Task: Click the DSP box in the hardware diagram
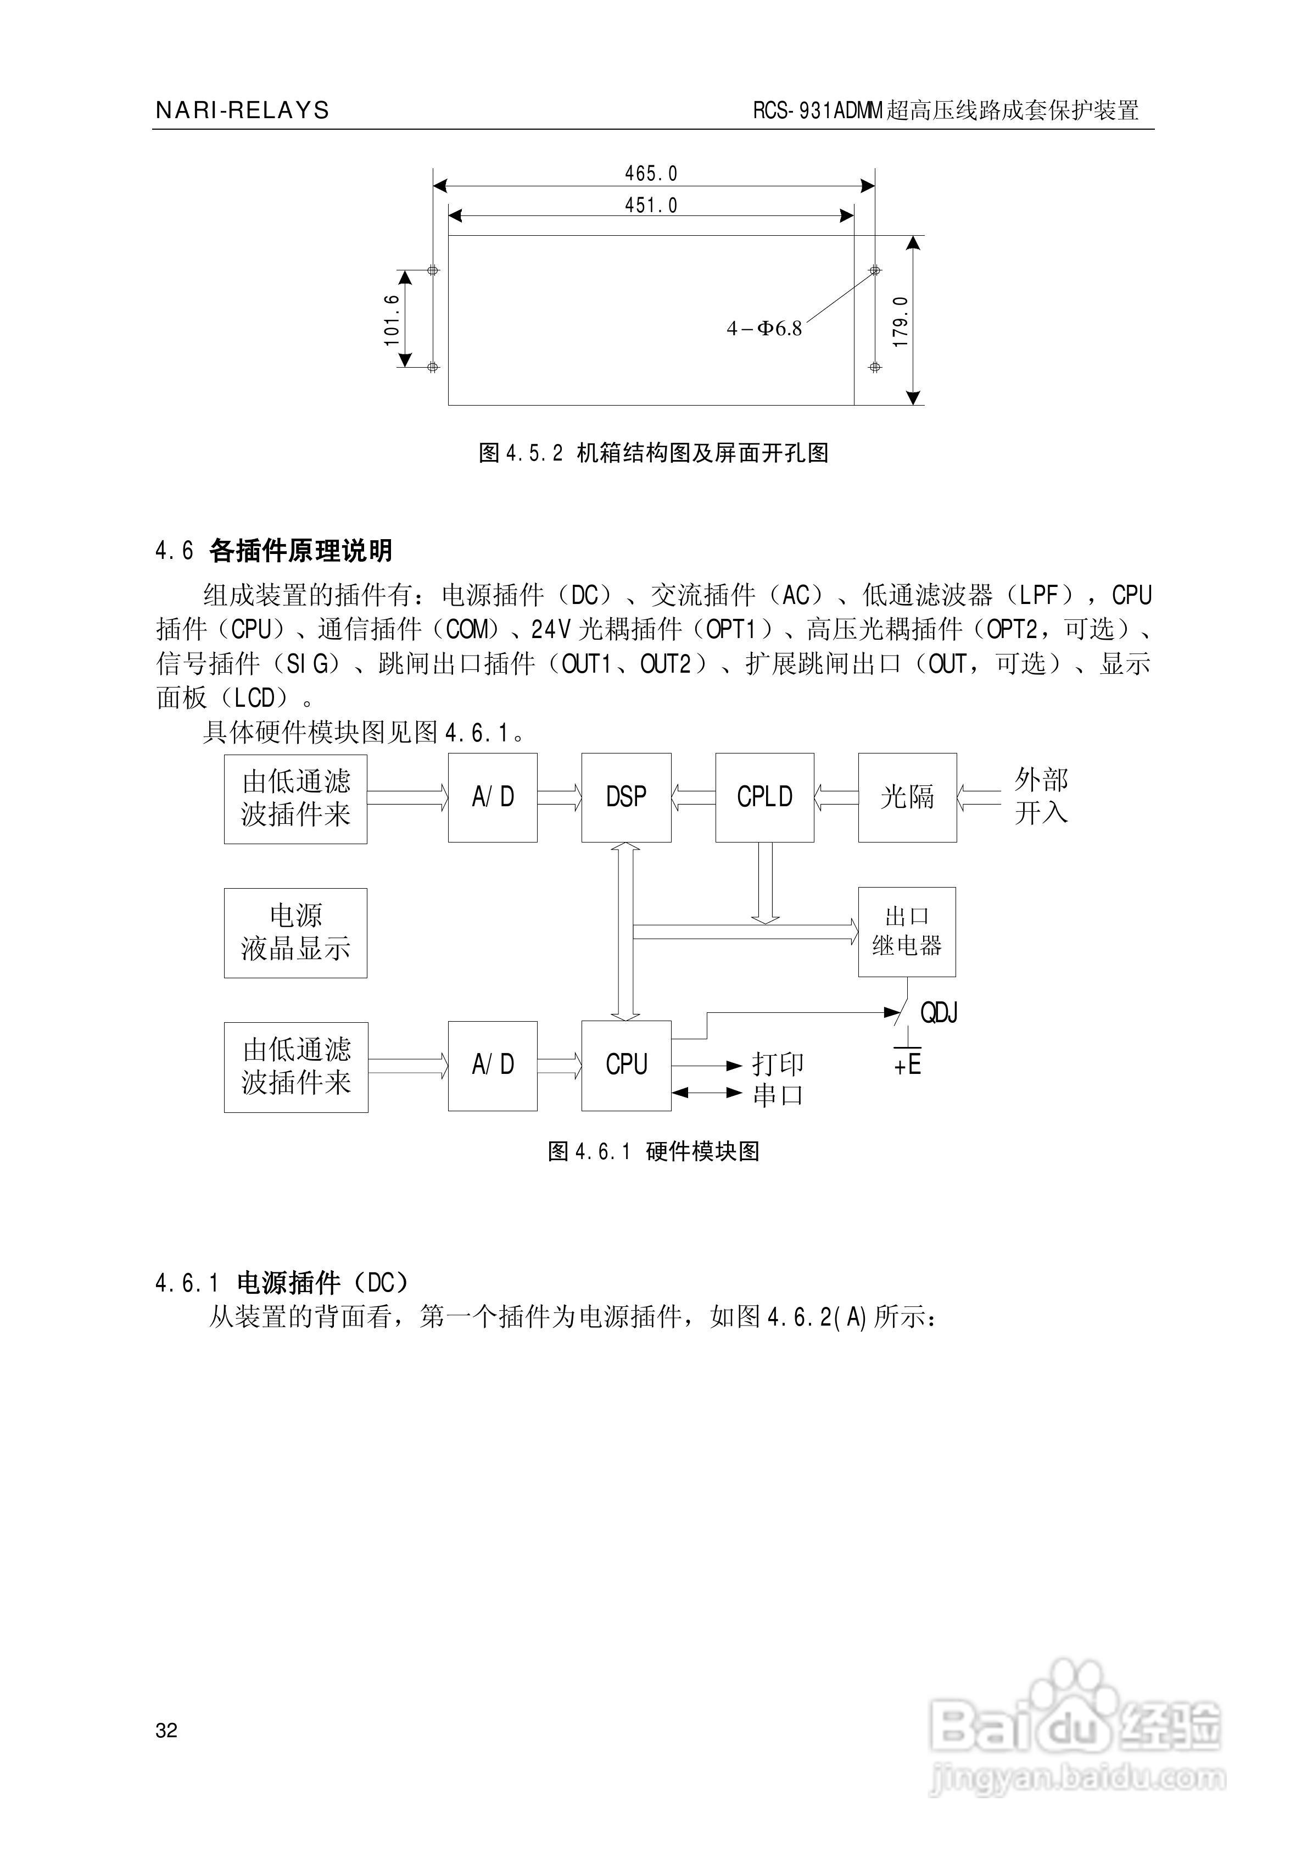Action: click(x=626, y=797)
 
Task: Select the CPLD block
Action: click(x=764, y=797)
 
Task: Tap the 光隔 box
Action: click(x=907, y=797)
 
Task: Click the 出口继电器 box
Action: click(x=907, y=932)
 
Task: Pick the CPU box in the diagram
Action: click(x=626, y=1065)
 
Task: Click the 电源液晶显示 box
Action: click(x=295, y=933)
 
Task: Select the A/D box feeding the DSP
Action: click(x=493, y=797)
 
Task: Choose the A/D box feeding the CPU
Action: click(x=493, y=1065)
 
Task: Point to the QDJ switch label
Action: click(x=939, y=1012)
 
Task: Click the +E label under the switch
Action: click(x=907, y=1065)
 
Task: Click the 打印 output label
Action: click(x=778, y=1064)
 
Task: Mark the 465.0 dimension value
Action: click(x=651, y=173)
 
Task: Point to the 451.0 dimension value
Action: click(x=651, y=206)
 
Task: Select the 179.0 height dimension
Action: click(x=901, y=321)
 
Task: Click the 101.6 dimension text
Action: click(x=392, y=319)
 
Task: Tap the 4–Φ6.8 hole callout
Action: click(x=764, y=328)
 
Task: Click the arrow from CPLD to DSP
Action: click(x=694, y=797)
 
